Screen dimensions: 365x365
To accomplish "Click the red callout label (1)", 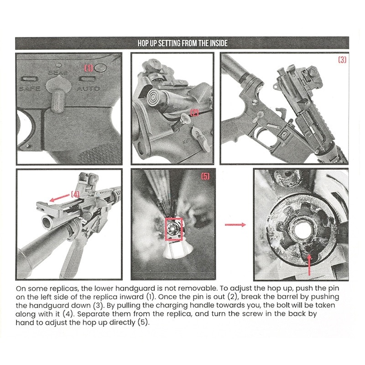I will [x=89, y=68].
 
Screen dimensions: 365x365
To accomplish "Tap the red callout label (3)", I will [x=342, y=60].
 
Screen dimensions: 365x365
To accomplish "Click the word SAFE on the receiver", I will [x=30, y=88].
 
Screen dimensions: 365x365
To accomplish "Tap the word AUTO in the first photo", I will [x=88, y=88].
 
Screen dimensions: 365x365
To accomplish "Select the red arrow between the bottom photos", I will [x=236, y=224].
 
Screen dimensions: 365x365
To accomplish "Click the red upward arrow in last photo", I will [x=310, y=265].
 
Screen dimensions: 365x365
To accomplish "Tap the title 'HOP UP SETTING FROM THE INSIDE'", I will [x=182, y=43].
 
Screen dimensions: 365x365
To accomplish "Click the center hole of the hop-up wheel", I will [x=302, y=231].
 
